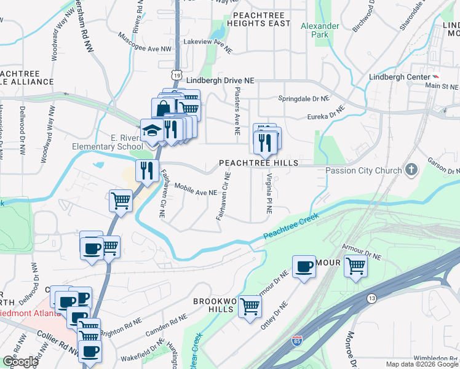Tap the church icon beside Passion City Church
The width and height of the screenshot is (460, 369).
tap(413, 169)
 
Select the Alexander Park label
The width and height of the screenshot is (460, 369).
tap(320, 30)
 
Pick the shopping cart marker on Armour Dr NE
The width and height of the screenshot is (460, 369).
tap(356, 267)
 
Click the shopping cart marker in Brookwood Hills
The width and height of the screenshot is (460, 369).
tap(250, 306)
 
